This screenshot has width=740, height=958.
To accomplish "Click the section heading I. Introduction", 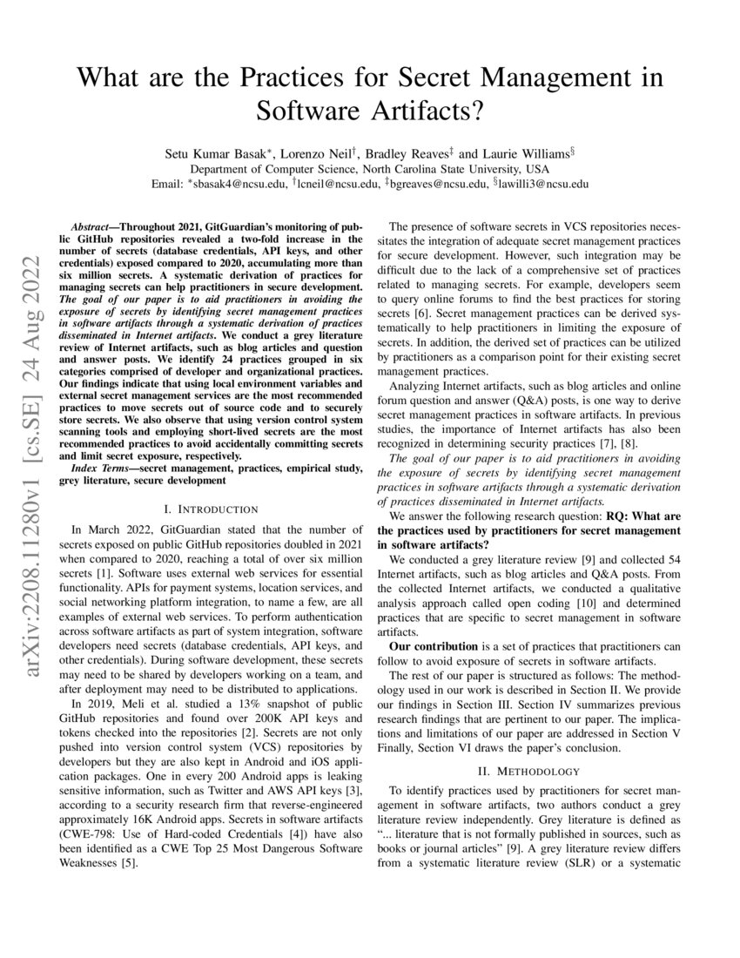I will pos(211,509).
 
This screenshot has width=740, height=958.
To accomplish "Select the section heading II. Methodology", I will pos(528,771).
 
